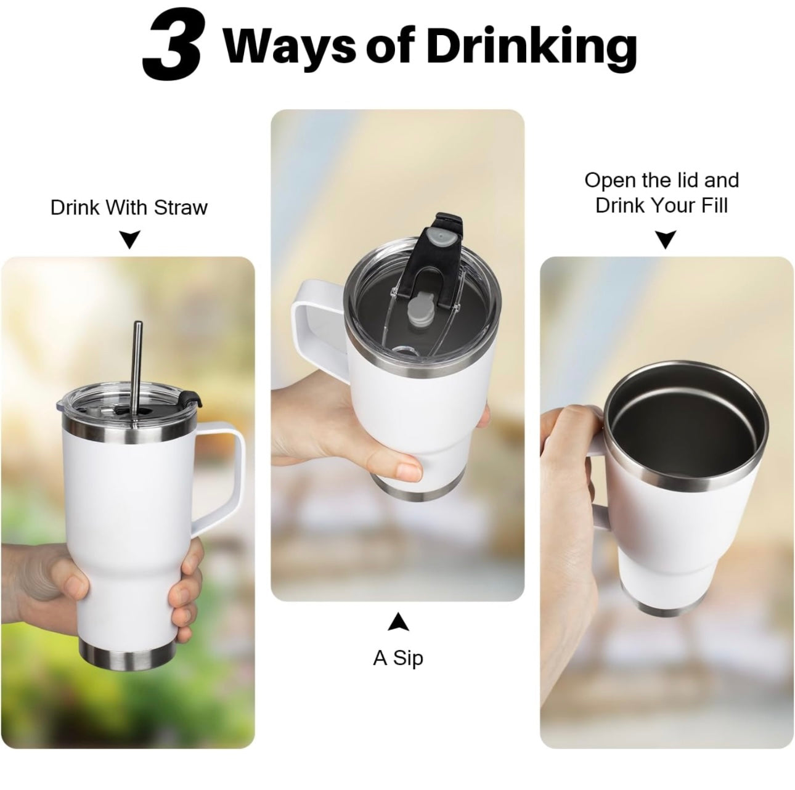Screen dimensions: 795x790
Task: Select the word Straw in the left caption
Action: click(181, 207)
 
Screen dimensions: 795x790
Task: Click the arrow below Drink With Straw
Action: click(130, 239)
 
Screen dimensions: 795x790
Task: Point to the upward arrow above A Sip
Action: click(398, 622)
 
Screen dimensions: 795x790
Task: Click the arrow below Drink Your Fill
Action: click(666, 240)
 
